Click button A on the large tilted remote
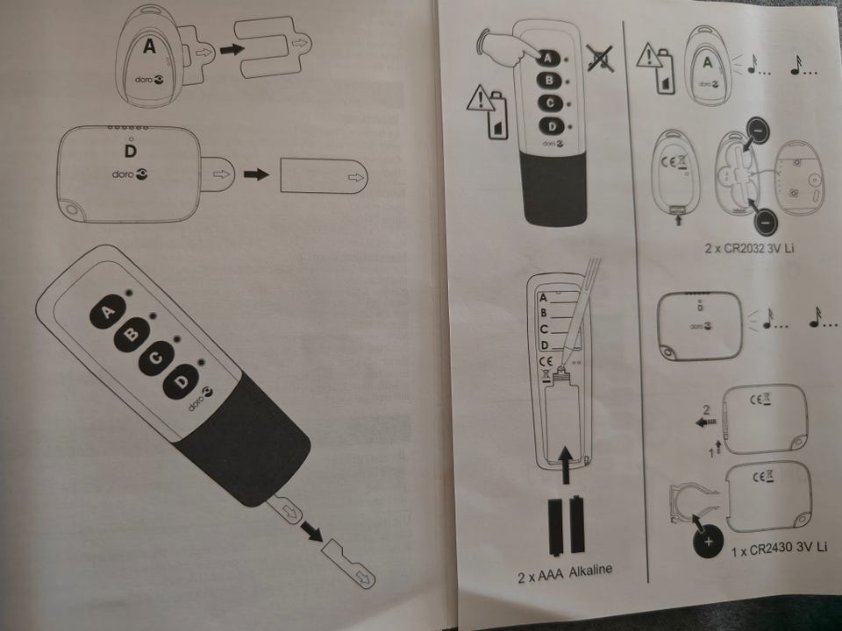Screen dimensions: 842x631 point(108,311)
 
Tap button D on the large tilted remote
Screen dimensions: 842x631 point(182,381)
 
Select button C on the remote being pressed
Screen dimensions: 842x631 point(549,103)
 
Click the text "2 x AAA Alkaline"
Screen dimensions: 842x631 point(564,572)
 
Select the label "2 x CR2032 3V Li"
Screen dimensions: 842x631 point(750,248)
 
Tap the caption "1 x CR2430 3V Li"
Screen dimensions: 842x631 point(779,549)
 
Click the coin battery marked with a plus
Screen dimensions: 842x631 point(708,542)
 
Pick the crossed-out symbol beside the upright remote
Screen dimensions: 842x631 point(600,58)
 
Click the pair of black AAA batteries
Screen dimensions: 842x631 point(566,525)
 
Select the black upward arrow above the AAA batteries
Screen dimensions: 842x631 point(566,464)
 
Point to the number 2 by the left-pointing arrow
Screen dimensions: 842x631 point(705,410)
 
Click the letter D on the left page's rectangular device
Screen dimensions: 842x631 point(131,152)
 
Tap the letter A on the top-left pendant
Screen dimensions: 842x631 point(149,46)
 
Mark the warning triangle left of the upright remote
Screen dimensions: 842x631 point(480,100)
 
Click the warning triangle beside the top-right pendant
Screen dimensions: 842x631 point(649,56)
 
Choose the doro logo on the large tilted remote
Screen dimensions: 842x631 point(200,399)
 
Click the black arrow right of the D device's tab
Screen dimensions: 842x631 point(256,174)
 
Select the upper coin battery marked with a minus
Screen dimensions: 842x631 point(757,131)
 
